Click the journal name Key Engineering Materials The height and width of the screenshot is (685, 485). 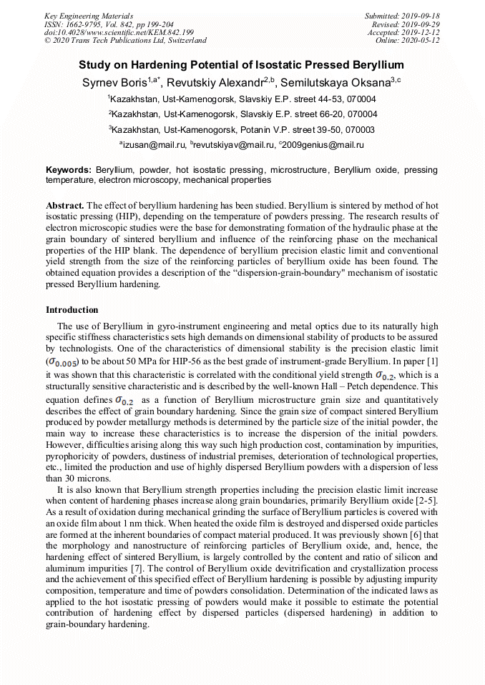point(88,16)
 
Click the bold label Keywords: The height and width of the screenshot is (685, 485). point(68,171)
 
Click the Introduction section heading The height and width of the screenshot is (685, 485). point(72,310)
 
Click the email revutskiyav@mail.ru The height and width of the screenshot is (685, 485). point(233,144)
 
